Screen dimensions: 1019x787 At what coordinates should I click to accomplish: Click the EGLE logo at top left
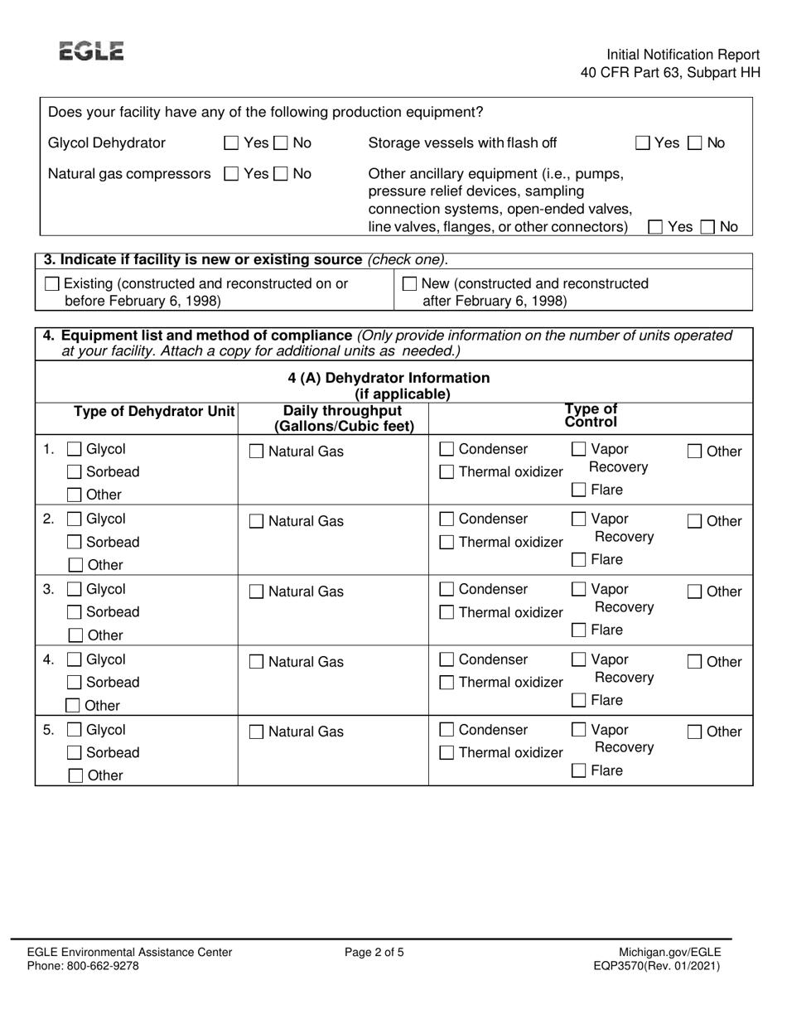pyautogui.click(x=92, y=51)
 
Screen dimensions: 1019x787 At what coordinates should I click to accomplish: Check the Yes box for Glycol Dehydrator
pyautogui.click(x=232, y=143)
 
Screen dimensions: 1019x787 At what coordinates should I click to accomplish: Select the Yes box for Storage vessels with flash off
pyautogui.click(x=643, y=143)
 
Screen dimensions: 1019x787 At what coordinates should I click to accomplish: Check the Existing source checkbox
pyautogui.click(x=52, y=284)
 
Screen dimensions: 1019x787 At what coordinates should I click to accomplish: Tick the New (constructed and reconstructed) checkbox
pyautogui.click(x=409, y=284)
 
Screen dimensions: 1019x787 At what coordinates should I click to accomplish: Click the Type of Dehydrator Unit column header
pyautogui.click(x=154, y=412)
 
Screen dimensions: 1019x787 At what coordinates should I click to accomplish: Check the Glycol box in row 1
pyautogui.click(x=74, y=450)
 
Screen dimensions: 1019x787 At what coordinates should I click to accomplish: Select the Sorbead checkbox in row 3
pyautogui.click(x=74, y=613)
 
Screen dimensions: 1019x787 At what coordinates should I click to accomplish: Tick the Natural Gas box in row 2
pyautogui.click(x=257, y=522)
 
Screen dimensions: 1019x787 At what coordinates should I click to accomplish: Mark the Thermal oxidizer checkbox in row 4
pyautogui.click(x=447, y=683)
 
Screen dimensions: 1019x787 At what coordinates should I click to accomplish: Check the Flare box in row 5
pyautogui.click(x=579, y=771)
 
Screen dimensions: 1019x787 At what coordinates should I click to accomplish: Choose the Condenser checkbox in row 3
pyautogui.click(x=447, y=591)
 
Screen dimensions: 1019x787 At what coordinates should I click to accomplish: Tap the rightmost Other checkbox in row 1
pyautogui.click(x=696, y=452)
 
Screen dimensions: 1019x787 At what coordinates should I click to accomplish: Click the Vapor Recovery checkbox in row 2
pyautogui.click(x=579, y=520)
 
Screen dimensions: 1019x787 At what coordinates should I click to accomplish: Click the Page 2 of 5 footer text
pyautogui.click(x=374, y=953)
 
